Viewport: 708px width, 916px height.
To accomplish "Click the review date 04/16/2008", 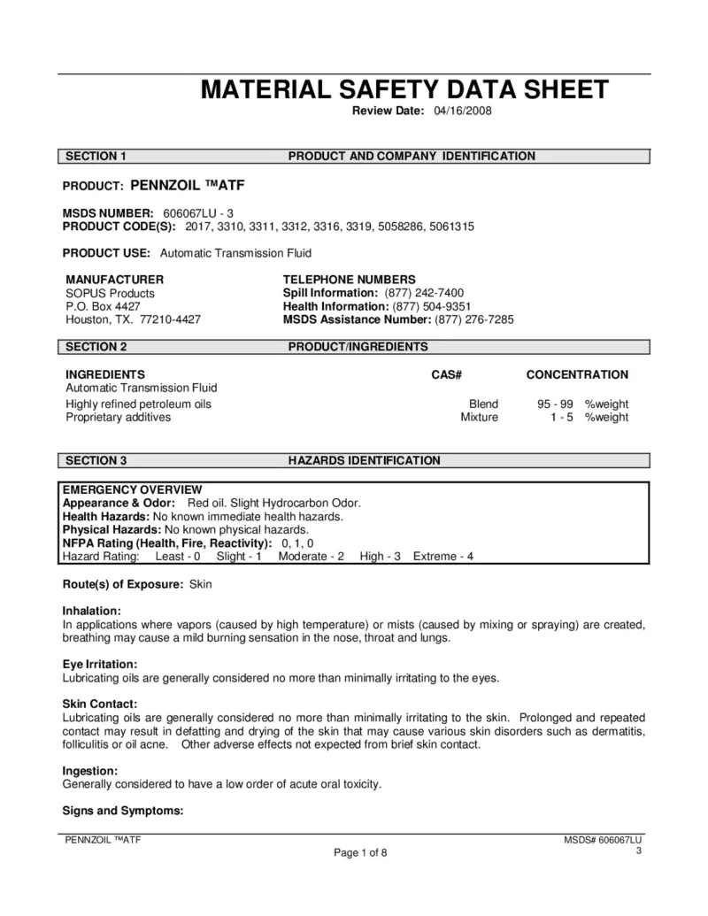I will click(x=463, y=111).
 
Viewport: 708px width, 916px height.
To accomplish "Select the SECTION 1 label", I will click(x=96, y=157).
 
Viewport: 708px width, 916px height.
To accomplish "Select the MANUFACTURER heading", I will click(x=114, y=280).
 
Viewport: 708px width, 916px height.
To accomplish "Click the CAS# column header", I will click(x=447, y=374).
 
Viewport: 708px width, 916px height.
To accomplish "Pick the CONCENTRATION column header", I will click(x=577, y=374).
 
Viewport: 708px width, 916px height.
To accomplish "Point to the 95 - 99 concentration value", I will click(x=555, y=404).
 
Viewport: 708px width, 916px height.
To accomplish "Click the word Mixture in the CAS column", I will click(x=479, y=417).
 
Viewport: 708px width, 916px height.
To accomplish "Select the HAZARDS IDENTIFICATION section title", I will click(x=364, y=460).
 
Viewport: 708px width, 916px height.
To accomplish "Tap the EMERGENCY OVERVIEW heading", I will click(x=132, y=489).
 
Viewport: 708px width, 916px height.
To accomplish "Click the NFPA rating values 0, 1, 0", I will click(x=297, y=543).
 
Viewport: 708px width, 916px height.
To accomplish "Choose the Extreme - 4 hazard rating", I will click(x=443, y=556).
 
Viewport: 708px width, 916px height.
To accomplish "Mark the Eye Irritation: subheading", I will click(x=100, y=665).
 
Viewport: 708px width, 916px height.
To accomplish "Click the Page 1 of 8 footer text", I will click(x=360, y=853).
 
